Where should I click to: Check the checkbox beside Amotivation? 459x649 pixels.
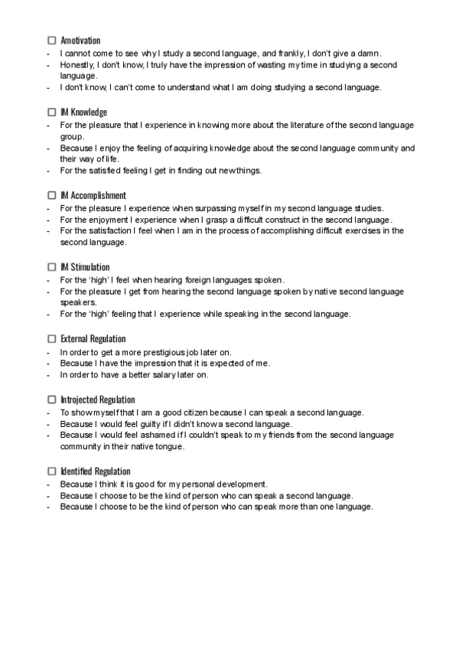coord(52,40)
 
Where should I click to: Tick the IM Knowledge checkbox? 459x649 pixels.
coord(52,113)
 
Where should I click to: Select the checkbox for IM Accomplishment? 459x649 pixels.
coord(52,195)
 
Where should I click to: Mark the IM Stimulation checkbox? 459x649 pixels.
coord(52,267)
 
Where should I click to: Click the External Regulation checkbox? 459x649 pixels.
coord(52,338)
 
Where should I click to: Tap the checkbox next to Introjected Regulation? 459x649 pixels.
coord(52,400)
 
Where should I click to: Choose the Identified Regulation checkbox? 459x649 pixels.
coord(52,471)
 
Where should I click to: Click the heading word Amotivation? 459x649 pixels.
coord(80,40)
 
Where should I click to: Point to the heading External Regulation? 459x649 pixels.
coord(93,338)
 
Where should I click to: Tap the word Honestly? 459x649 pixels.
coord(76,66)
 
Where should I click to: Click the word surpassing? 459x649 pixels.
coord(223,208)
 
